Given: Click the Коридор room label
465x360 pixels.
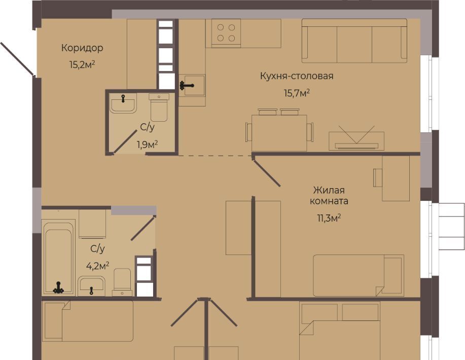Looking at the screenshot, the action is click(x=82, y=48).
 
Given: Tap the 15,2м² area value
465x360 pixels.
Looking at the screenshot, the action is click(x=82, y=64).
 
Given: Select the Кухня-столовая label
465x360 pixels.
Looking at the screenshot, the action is click(x=297, y=76).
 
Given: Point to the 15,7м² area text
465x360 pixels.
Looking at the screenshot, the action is click(x=297, y=93).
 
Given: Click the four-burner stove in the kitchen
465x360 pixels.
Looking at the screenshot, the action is click(x=226, y=33).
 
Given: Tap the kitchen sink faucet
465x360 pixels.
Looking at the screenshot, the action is click(x=186, y=86).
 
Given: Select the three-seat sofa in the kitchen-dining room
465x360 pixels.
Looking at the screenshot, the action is click(x=354, y=41).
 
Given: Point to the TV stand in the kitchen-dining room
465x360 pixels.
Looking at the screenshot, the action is click(x=356, y=141).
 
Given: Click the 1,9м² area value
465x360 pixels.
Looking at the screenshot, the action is click(x=147, y=145).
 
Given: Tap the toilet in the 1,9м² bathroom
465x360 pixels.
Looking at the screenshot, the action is click(x=159, y=107).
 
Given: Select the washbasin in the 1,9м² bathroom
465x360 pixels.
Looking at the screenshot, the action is click(x=123, y=103).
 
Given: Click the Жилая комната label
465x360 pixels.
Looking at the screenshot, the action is click(x=329, y=195).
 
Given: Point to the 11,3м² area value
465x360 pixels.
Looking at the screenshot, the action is click(x=329, y=219).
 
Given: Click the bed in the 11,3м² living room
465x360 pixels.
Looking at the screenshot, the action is click(x=359, y=275).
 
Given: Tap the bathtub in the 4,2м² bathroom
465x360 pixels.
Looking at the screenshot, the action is click(x=58, y=257).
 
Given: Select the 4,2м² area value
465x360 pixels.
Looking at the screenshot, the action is click(x=97, y=265).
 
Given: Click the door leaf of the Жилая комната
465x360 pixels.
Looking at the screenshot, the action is click(x=266, y=171).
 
